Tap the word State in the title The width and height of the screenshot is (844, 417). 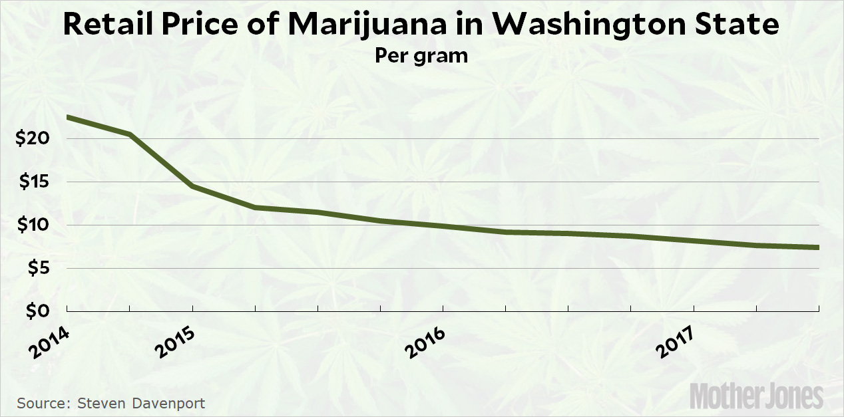click(741, 25)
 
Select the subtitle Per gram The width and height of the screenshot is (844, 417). click(421, 55)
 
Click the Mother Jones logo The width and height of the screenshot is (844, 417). click(756, 396)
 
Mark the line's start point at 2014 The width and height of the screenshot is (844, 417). click(68, 118)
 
